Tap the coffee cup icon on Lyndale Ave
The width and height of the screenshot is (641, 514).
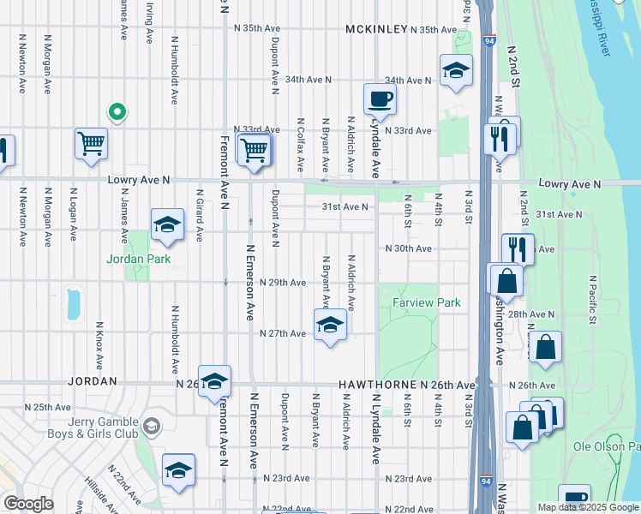click(380, 99)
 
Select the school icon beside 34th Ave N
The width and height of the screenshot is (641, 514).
click(456, 71)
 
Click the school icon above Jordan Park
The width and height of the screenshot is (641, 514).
click(167, 225)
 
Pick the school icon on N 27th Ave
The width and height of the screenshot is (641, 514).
click(328, 326)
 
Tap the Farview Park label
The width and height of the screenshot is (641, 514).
click(427, 302)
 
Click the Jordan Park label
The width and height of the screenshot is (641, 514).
click(138, 259)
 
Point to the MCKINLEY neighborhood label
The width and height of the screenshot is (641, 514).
click(376, 29)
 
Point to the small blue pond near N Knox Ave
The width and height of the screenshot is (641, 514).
click(73, 302)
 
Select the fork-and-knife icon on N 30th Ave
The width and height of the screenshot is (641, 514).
click(517, 249)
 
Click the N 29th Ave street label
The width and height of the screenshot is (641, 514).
click(283, 283)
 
